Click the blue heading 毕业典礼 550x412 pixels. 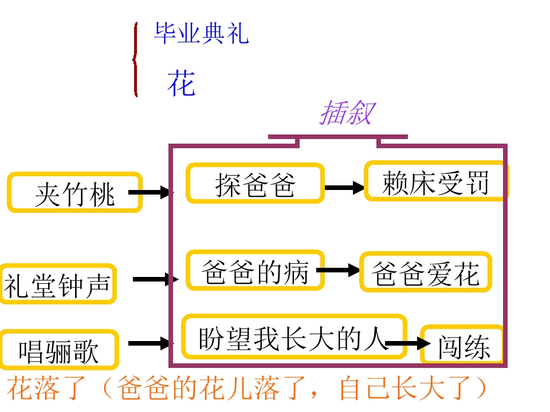coord(201,34)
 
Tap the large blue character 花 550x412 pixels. coord(181,84)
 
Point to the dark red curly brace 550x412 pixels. coord(135,60)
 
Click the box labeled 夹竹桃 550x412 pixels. coord(74,193)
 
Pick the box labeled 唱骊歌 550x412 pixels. coord(59,349)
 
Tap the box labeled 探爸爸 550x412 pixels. coord(255,184)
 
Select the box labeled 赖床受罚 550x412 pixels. coord(435,182)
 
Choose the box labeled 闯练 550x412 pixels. coord(463,345)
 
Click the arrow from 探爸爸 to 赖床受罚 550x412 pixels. coord(344,187)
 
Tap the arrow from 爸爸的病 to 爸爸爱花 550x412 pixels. coord(338,271)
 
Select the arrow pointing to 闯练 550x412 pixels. coord(408,343)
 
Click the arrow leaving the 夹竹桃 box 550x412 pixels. coord(151,193)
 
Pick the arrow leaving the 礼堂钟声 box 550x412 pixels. coord(155,280)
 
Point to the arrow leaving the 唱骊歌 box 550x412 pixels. coord(151,343)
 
